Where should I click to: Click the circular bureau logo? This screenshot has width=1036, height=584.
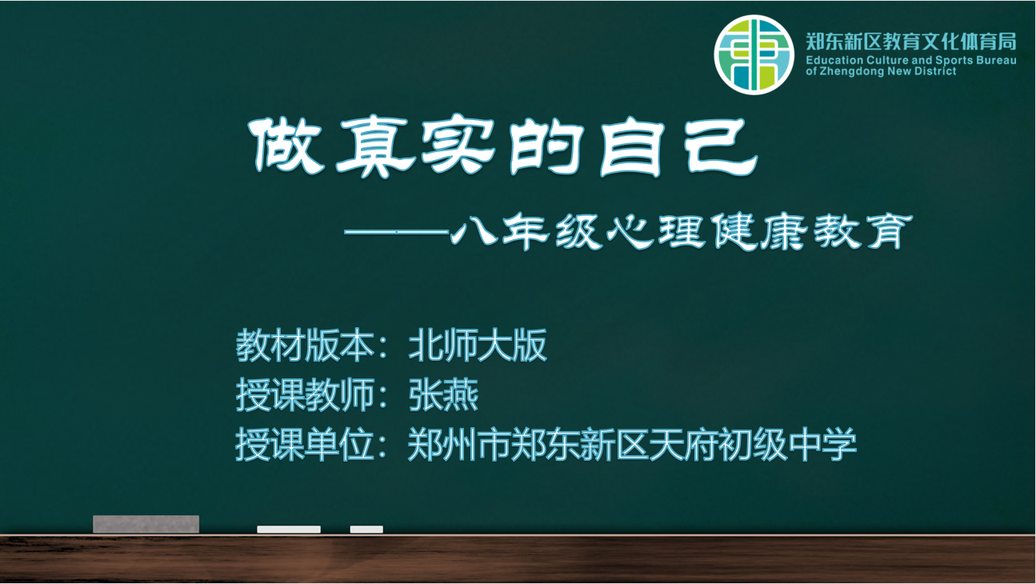point(754,54)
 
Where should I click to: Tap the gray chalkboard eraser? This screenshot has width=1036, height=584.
point(146,524)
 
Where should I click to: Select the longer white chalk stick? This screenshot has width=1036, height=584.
point(289,530)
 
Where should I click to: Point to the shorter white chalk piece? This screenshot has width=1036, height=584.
point(366,530)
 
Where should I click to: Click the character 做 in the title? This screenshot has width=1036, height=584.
point(286,146)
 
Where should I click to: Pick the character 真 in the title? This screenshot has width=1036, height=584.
point(377,146)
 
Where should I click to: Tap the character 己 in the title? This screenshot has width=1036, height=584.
point(723,146)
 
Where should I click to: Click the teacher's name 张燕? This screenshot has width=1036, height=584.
point(443,395)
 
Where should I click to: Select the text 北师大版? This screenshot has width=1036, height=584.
point(478,345)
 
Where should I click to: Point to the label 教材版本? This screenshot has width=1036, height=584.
point(305,345)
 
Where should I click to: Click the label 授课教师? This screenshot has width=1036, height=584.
point(305,395)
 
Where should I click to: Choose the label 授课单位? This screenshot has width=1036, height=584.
point(305,444)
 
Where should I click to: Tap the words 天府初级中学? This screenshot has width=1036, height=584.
point(753,444)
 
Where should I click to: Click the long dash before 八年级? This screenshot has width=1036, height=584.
point(397,231)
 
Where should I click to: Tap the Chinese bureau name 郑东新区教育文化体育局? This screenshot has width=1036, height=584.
point(911,42)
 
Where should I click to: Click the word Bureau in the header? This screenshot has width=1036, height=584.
point(997,60)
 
